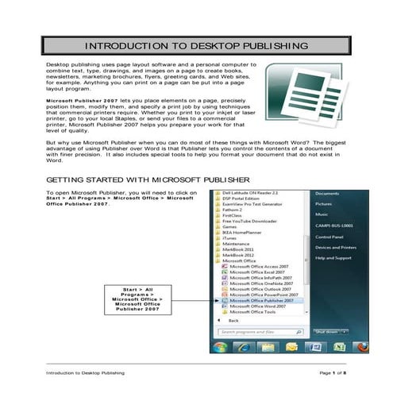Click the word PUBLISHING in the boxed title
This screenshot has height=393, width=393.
[245, 46]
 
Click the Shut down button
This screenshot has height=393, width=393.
[328, 331]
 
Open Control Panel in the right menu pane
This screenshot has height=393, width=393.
[329, 237]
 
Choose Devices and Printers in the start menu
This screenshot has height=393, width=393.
[335, 248]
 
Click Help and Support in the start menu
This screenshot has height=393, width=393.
[333, 258]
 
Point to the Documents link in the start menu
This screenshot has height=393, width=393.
[327, 194]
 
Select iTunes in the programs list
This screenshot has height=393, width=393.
[229, 237]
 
